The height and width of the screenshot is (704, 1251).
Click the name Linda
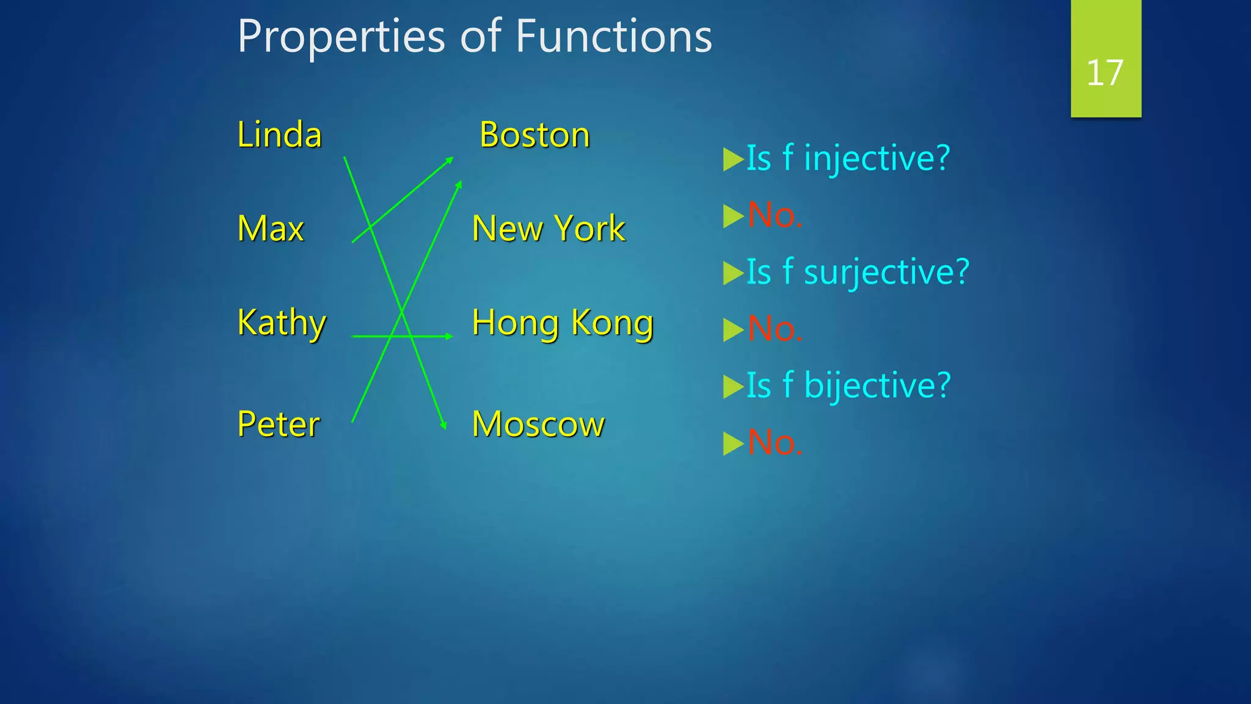[x=279, y=135]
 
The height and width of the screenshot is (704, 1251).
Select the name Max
[x=270, y=229]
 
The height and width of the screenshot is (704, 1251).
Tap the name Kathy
[x=282, y=323]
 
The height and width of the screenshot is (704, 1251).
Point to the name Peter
[x=278, y=424]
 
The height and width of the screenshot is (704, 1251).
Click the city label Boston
[x=534, y=135]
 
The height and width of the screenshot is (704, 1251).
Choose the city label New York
[x=549, y=229]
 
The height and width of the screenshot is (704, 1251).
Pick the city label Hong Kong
[x=563, y=323]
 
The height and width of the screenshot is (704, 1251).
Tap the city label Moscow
[x=538, y=424]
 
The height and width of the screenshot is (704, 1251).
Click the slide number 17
[x=1105, y=73]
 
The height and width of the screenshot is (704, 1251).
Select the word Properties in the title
[x=341, y=36]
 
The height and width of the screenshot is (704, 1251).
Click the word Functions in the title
[x=614, y=36]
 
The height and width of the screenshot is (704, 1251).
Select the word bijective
[x=877, y=386]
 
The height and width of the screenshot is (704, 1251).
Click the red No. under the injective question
[x=775, y=215]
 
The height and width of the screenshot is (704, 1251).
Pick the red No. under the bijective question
[x=775, y=442]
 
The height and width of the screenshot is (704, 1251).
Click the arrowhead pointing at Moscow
[x=444, y=427]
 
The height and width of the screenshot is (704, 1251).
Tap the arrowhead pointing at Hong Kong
[x=449, y=336]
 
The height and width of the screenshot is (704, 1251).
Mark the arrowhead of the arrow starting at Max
[x=450, y=160]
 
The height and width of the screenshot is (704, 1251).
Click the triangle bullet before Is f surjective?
[x=732, y=273]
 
